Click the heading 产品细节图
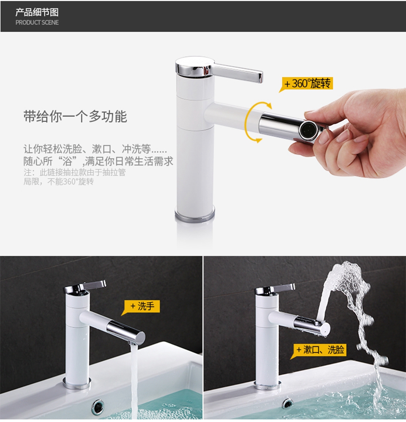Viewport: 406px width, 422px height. click(x=37, y=12)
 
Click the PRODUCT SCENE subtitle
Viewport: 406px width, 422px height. click(x=37, y=23)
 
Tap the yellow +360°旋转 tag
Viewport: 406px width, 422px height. click(x=307, y=83)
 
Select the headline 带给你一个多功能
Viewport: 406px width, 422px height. click(x=75, y=116)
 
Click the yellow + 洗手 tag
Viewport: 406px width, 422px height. click(x=142, y=306)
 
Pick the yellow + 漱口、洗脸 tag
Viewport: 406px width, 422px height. click(x=319, y=350)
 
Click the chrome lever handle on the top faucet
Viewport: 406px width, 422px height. click(x=237, y=72)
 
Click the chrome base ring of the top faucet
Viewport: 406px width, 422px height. click(x=195, y=214)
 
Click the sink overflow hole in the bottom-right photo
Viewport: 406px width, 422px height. click(x=288, y=403)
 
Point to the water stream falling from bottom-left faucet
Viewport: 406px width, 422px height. click(x=134, y=379)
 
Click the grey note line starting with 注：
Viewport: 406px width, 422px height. click(x=75, y=172)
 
